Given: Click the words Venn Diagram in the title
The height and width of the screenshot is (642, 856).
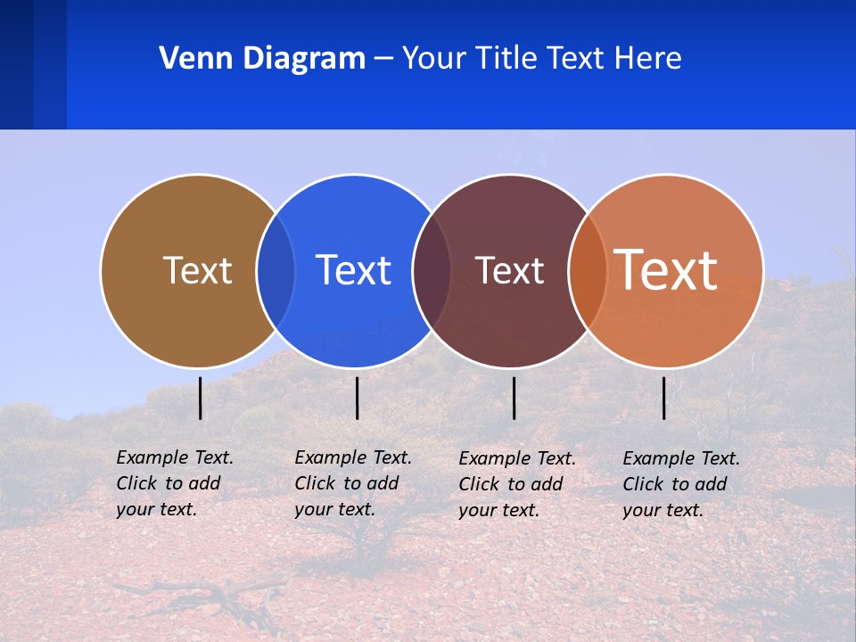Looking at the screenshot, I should tap(262, 59).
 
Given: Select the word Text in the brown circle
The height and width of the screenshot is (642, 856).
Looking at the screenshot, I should tap(197, 270).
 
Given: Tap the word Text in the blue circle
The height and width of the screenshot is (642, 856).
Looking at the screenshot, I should tap(353, 270).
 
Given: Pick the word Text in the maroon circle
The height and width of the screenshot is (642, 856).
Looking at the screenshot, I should tap(509, 270).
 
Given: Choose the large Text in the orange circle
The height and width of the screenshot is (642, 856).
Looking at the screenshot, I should tap(666, 269).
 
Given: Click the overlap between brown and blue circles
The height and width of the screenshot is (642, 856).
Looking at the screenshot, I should tap(276, 271).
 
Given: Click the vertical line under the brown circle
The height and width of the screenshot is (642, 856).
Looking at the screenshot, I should tap(201, 398).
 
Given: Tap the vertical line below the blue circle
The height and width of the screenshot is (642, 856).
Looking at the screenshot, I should tap(357, 398).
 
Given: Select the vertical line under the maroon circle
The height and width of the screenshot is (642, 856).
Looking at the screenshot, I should tap(514, 398).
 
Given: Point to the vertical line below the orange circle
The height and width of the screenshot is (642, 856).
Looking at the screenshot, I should tap(663, 398).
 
